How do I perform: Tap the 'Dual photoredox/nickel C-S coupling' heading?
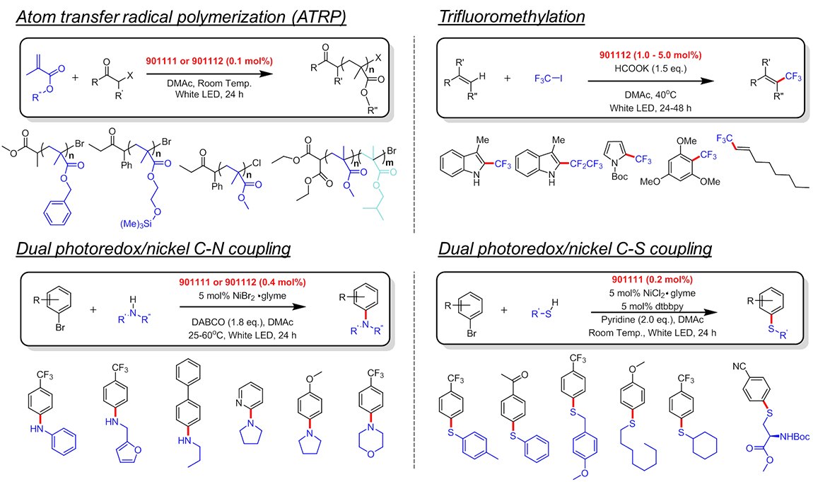tap(575, 249)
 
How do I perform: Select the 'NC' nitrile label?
tap(737, 368)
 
